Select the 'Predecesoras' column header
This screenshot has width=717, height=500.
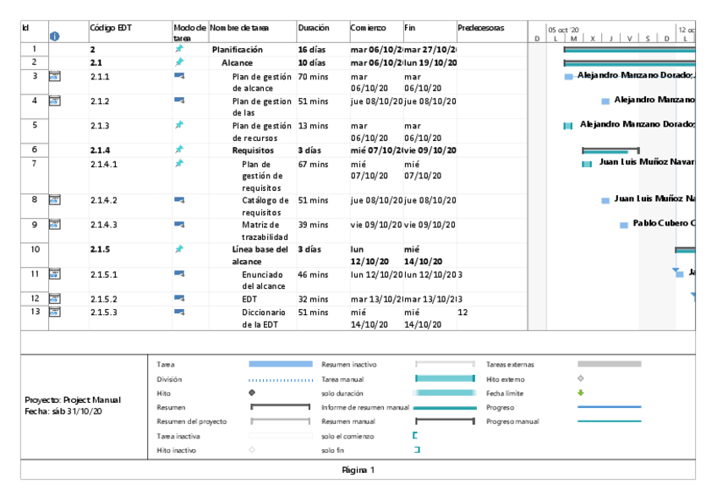[480, 28]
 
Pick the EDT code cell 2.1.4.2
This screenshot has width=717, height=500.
[104, 200]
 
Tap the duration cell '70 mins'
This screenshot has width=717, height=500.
[313, 77]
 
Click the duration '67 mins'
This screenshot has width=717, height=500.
[313, 164]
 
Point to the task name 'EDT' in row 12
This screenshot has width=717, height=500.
[249, 299]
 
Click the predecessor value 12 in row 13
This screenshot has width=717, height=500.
[462, 312]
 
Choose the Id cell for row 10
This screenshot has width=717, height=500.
[35, 250]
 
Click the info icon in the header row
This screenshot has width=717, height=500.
[55, 35]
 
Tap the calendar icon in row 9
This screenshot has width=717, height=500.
[54, 225]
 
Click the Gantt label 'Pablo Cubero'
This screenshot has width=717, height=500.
[664, 224]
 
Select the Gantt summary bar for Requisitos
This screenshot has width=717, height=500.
[610, 150]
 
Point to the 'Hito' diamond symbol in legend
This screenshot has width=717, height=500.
[252, 393]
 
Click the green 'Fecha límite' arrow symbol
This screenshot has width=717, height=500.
[580, 393]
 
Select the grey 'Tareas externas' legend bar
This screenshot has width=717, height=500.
[609, 364]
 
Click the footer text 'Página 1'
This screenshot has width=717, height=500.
[358, 470]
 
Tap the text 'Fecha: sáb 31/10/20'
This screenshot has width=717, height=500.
[63, 411]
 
